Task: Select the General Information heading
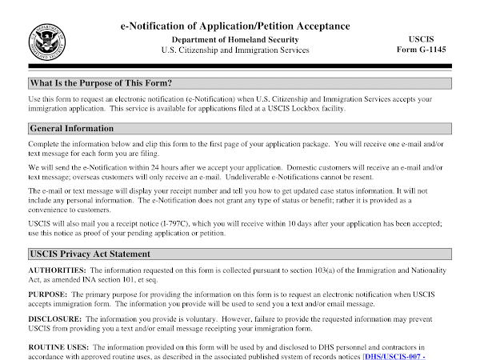pos(71,128)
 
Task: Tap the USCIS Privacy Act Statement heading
pos(89,254)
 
